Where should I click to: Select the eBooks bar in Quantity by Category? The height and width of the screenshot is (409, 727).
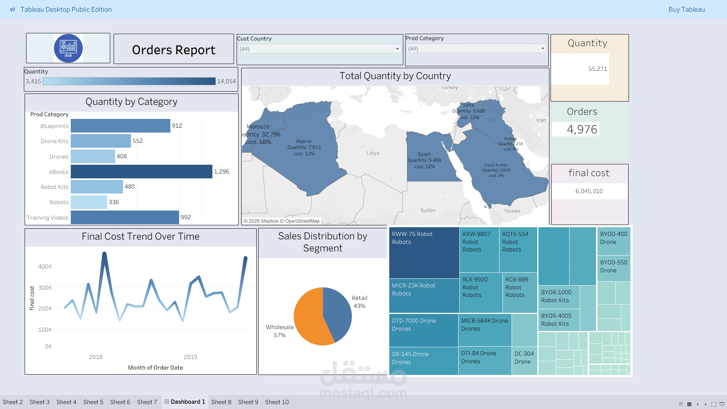(141, 172)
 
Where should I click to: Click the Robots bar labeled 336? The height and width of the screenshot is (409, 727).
(89, 202)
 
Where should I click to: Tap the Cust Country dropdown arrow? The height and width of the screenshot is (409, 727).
(397, 49)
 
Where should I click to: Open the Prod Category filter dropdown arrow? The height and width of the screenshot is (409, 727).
(543, 48)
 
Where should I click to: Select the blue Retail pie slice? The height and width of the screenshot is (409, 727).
(337, 311)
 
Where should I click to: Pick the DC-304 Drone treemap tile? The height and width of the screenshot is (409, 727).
(524, 360)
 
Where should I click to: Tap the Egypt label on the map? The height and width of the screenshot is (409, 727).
(424, 154)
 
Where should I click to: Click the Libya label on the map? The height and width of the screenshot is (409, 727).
(373, 153)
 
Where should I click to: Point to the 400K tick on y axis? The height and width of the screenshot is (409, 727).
(45, 267)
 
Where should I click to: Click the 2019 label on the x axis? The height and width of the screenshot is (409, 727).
(190, 357)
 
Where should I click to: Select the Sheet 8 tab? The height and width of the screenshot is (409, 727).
(221, 402)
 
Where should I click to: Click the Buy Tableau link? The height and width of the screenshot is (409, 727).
(686, 9)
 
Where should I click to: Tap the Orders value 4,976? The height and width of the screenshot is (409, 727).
(582, 130)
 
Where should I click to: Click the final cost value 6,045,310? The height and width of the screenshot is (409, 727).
(589, 191)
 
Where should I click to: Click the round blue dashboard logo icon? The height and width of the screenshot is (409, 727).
(68, 48)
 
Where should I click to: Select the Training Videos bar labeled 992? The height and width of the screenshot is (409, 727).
(125, 217)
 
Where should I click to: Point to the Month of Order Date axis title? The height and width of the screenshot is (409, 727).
(155, 368)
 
